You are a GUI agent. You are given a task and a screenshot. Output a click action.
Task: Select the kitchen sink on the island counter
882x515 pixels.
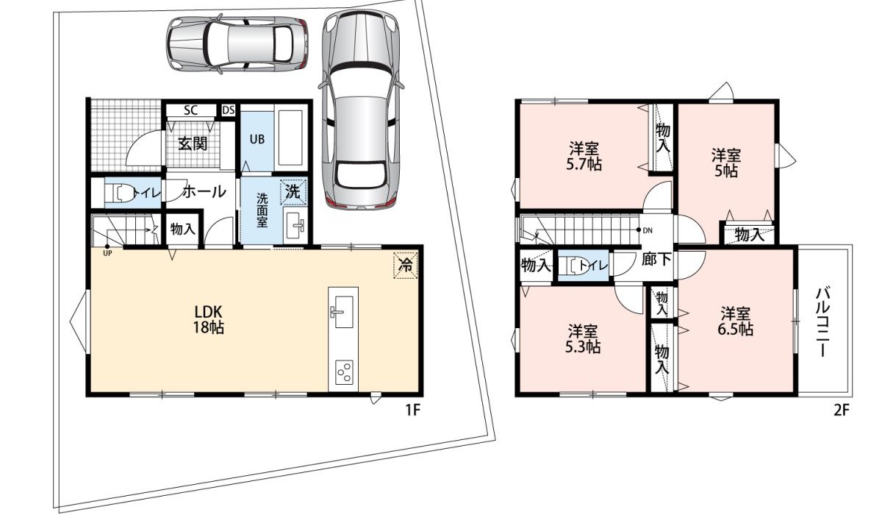[341, 312]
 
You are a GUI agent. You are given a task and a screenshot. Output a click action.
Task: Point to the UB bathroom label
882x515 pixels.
[257, 138]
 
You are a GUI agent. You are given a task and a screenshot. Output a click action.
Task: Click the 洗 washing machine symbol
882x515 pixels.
[293, 192]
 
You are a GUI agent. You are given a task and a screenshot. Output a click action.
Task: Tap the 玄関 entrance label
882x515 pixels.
[193, 143]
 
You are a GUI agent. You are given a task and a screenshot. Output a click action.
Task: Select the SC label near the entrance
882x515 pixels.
[190, 110]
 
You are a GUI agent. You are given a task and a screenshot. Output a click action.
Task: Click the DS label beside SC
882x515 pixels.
[228, 110]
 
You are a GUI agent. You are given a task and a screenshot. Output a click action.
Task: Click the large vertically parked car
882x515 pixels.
[361, 110]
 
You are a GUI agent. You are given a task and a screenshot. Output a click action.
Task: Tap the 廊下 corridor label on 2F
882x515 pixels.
[655, 259]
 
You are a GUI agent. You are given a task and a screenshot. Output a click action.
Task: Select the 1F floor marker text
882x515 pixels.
[412, 411]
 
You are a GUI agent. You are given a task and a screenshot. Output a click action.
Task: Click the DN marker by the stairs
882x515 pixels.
[648, 230]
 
